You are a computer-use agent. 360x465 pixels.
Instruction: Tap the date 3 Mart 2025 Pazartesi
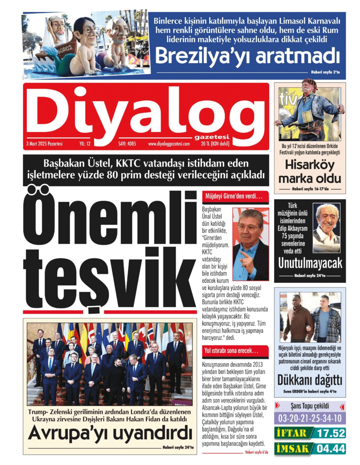tap(44, 144)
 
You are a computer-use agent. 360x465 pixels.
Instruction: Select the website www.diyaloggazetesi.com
tap(169, 144)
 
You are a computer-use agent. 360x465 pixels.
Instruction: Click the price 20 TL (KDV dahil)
tap(215, 144)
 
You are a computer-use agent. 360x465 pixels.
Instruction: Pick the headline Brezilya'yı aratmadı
tap(247, 57)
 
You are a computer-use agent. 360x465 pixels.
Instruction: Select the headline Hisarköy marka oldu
tap(310, 171)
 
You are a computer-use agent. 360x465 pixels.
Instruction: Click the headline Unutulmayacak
tap(310, 263)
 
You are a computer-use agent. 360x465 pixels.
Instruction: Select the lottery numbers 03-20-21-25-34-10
tap(310, 418)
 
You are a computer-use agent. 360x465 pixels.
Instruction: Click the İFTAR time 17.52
tap(330, 433)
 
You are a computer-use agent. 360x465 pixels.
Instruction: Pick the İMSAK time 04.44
tap(330, 449)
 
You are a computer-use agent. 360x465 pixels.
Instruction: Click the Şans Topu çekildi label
tap(310, 406)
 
